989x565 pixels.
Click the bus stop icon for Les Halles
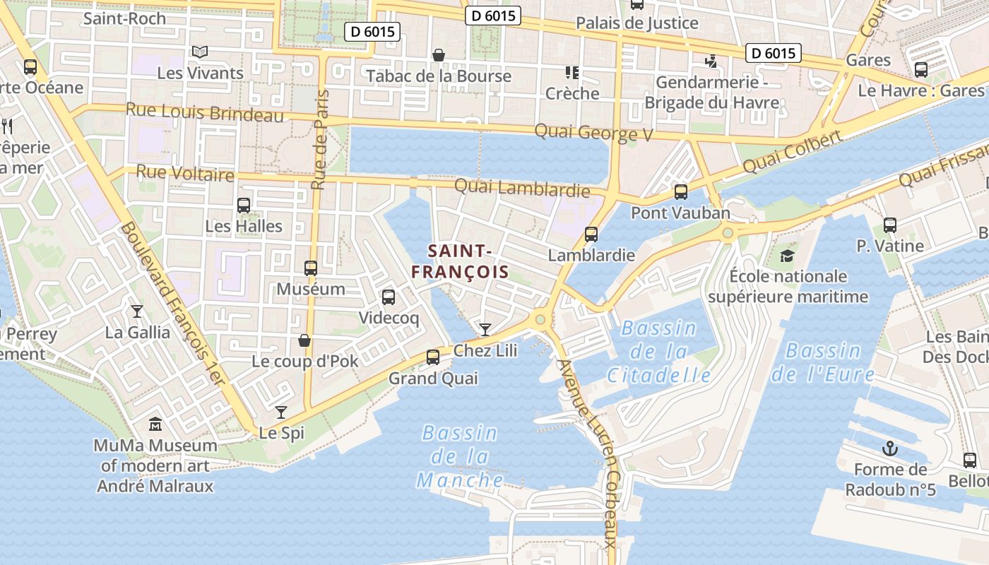pos(244,206)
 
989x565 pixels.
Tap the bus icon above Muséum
pos(311,268)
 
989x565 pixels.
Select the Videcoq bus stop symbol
pos(389,297)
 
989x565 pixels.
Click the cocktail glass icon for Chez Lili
pos(485,329)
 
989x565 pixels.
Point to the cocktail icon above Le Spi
pos(281,412)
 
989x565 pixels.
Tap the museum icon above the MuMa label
pos(155,424)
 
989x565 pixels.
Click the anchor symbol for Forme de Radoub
pos(890,448)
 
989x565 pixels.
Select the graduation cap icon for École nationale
pos(788,255)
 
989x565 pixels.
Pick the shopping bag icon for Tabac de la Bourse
pos(439,55)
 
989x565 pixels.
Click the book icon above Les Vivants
pos(200,52)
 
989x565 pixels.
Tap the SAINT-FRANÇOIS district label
pos(461,261)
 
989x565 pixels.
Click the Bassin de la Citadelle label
pos(658,352)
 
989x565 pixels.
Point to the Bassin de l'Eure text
pos(823,362)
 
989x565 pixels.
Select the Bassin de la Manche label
pos(460,456)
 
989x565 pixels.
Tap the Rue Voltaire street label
pos(184,172)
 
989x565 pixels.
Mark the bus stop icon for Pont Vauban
pos(681,191)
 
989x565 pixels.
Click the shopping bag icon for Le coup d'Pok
pos(304,341)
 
